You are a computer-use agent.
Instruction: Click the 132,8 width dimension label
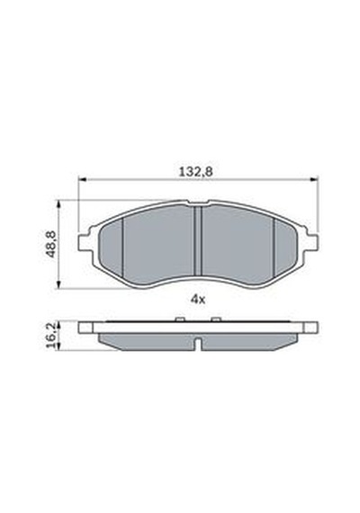coord(195,171)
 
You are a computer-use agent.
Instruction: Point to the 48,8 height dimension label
coord(51,244)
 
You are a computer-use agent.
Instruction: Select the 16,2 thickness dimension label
coord(51,337)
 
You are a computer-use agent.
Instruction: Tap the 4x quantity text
coord(198,299)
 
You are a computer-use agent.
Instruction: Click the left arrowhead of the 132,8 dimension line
coord(82,179)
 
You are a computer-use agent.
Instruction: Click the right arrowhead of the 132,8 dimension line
coord(314,179)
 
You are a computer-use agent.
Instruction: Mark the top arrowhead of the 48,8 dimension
coord(58,204)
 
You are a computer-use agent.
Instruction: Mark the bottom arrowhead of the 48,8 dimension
coord(58,284)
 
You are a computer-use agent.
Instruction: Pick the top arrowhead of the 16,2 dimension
coord(58,325)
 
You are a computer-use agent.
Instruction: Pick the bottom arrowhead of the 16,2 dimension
coord(58,346)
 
